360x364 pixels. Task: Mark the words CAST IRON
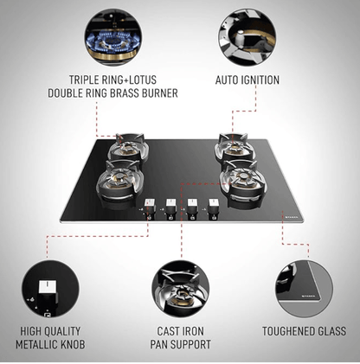180,331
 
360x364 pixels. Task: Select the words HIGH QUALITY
49,331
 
